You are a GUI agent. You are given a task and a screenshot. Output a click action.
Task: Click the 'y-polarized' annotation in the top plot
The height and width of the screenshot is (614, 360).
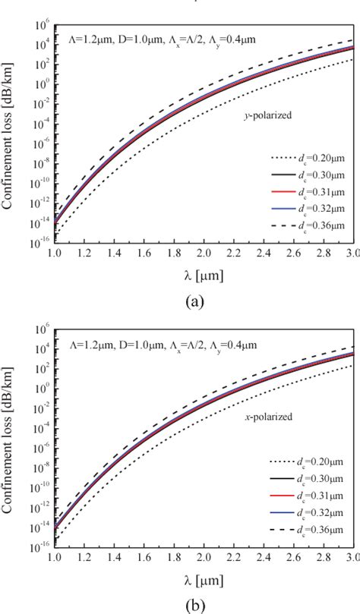pyautogui.click(x=257, y=115)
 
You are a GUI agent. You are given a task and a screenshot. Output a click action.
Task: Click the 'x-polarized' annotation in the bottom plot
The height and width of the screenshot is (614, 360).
pyautogui.click(x=259, y=417)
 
